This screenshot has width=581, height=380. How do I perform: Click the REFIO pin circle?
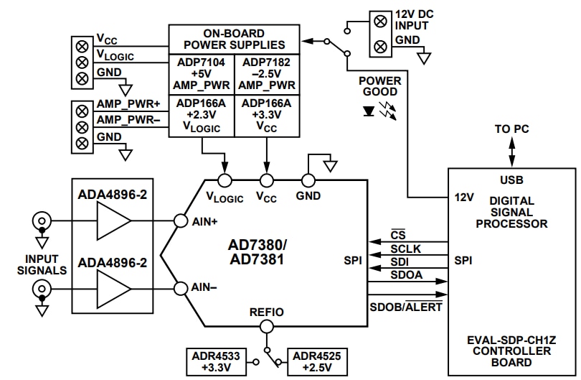point(267,326)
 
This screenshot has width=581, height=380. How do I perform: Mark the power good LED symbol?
point(369,112)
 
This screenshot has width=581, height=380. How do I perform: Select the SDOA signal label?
point(406,275)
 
